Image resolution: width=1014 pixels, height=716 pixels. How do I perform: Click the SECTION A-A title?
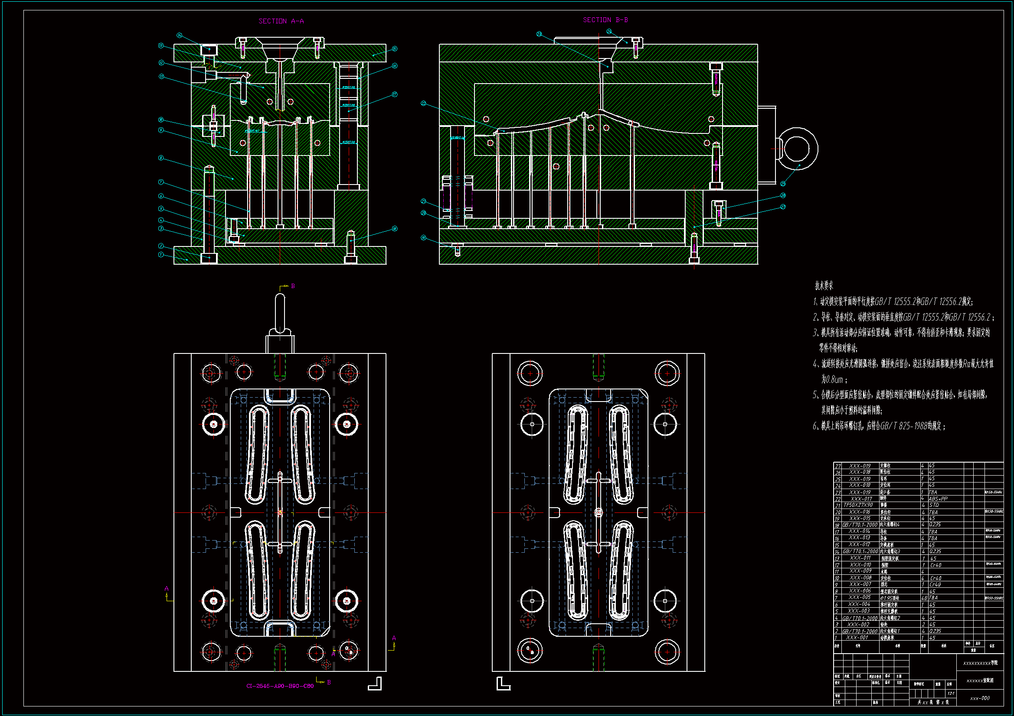point(281,21)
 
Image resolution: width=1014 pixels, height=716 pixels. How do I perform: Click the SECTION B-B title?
point(605,20)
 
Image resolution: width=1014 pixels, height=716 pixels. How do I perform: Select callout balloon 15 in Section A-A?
point(394,49)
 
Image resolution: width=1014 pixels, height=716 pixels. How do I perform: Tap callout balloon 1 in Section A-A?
point(161,255)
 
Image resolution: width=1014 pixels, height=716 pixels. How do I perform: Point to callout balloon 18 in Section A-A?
point(394,229)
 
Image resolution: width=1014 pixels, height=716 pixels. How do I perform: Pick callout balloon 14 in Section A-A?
point(179,35)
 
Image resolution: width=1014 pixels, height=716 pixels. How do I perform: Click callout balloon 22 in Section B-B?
point(424,103)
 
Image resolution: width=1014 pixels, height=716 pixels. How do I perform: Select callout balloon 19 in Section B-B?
point(424,238)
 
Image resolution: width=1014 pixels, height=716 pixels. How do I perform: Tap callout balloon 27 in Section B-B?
point(783,207)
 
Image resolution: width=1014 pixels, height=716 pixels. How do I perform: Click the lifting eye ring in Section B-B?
point(797,149)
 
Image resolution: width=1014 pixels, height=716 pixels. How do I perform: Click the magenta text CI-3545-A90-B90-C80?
point(280,686)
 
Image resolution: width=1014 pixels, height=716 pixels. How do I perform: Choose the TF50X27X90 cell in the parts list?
point(859,505)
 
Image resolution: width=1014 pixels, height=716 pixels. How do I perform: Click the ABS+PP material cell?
point(938,499)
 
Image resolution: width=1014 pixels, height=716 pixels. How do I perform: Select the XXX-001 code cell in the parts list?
point(857,638)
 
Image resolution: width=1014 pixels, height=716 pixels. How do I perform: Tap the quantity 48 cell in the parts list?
point(924,598)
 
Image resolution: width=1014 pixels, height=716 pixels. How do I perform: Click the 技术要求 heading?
point(824,286)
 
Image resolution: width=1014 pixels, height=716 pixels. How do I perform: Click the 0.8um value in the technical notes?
point(832,379)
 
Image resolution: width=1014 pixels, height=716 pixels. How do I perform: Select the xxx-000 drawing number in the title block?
point(980,698)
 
